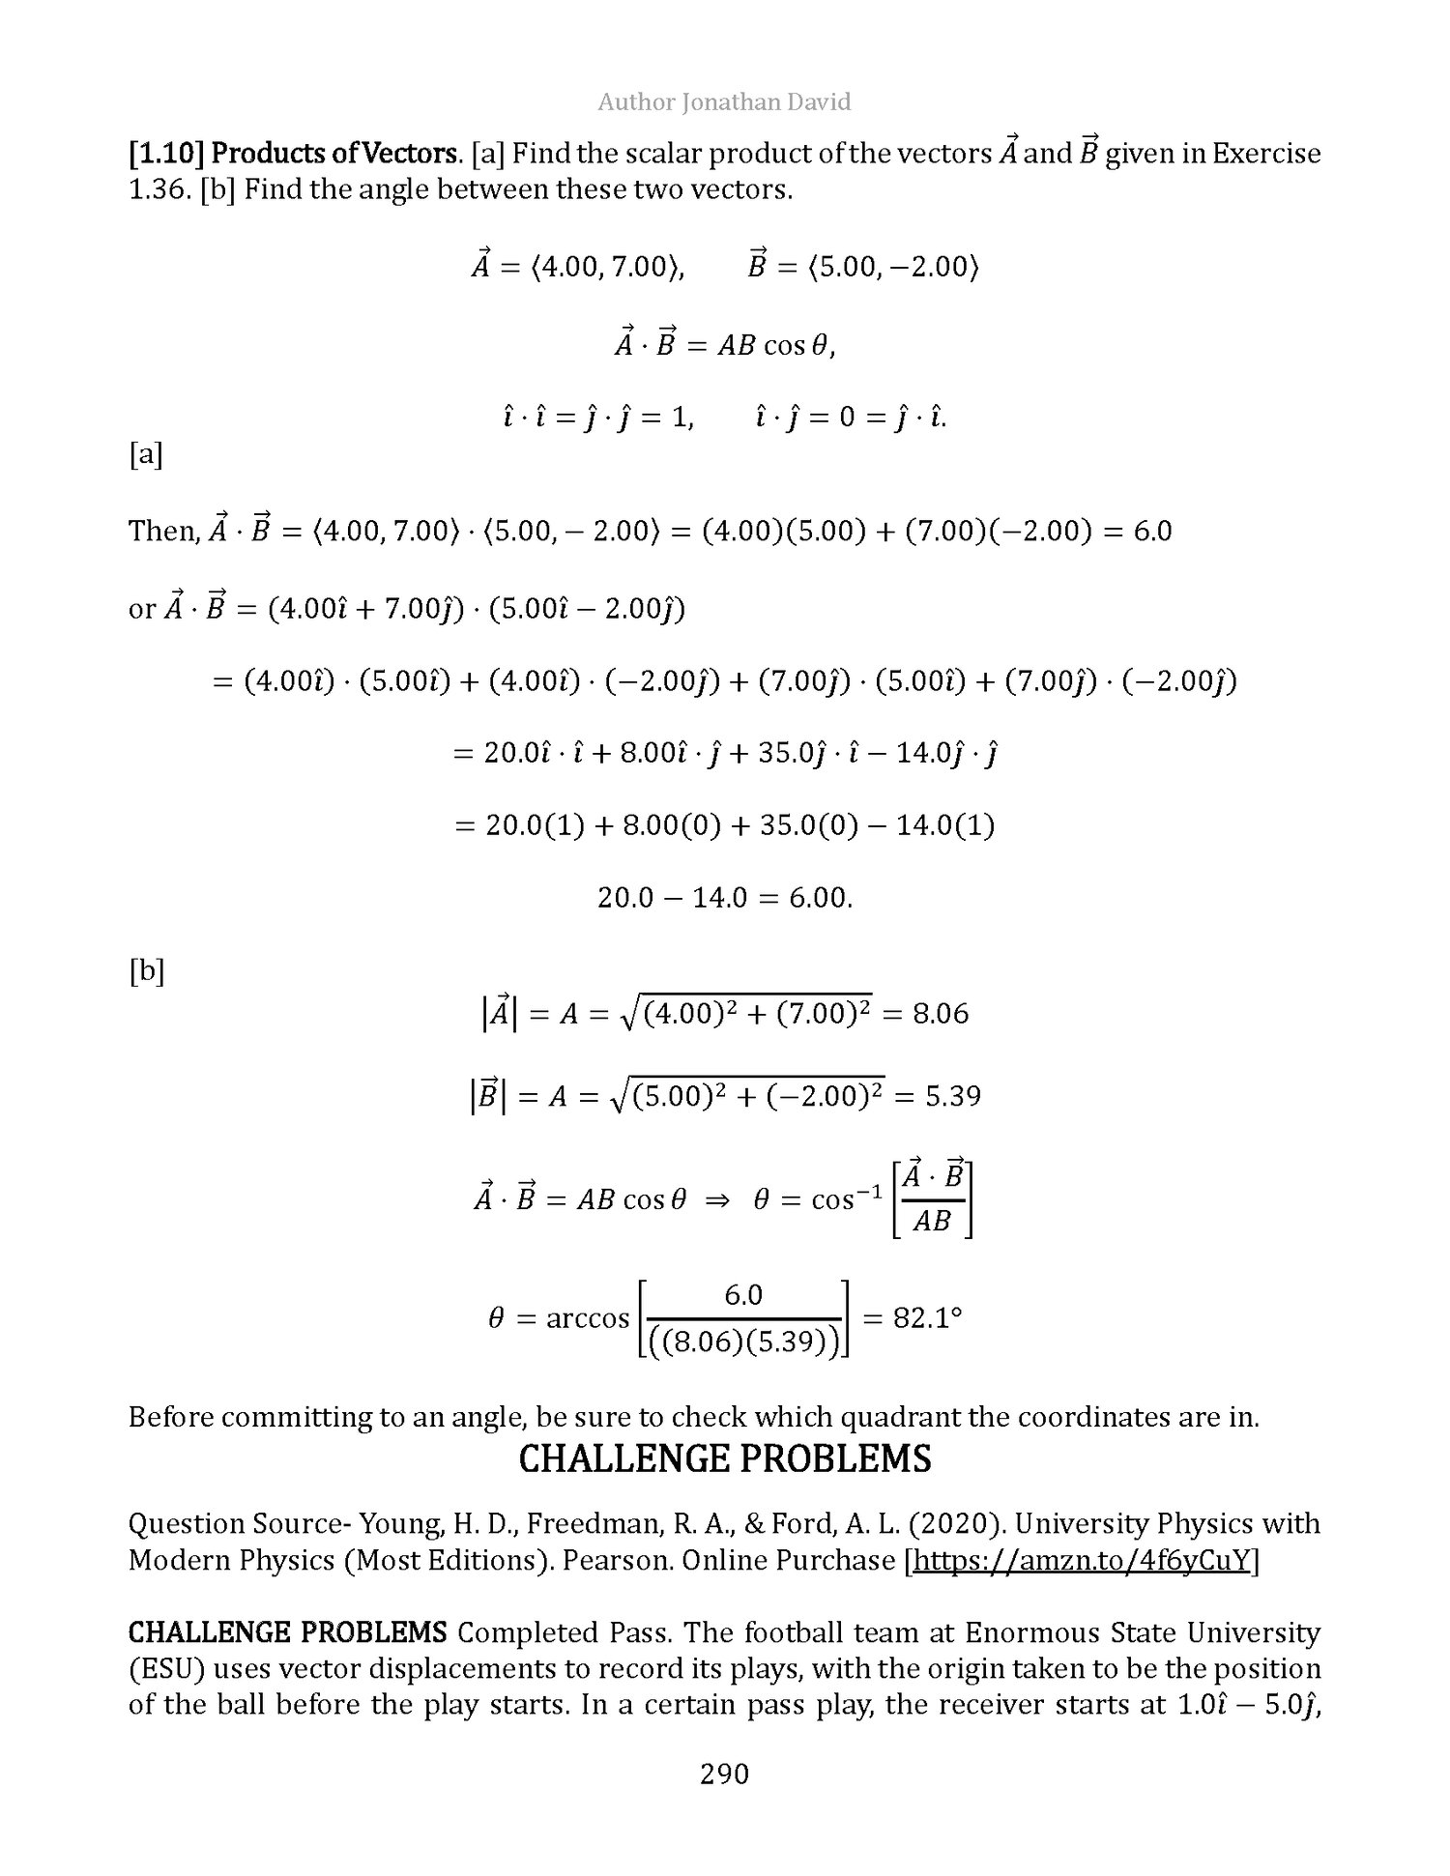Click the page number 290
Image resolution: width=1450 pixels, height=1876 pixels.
(x=724, y=1774)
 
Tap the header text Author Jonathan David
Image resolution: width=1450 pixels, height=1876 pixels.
(x=724, y=101)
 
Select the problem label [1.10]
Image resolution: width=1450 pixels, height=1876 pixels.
(x=166, y=154)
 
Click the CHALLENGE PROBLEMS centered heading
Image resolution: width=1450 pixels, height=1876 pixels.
(x=725, y=1458)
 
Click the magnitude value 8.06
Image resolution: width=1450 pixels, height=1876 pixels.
(x=941, y=1014)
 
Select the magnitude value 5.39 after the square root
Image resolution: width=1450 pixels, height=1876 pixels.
(x=952, y=1096)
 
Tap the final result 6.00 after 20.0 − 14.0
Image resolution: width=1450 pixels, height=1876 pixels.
(x=820, y=898)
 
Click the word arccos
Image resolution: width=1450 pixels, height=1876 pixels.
(x=588, y=1318)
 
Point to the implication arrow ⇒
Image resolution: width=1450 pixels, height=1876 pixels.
(x=719, y=1199)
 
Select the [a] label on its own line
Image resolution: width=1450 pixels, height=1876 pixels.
(x=146, y=454)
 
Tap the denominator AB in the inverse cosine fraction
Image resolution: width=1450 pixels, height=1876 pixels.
(x=932, y=1222)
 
